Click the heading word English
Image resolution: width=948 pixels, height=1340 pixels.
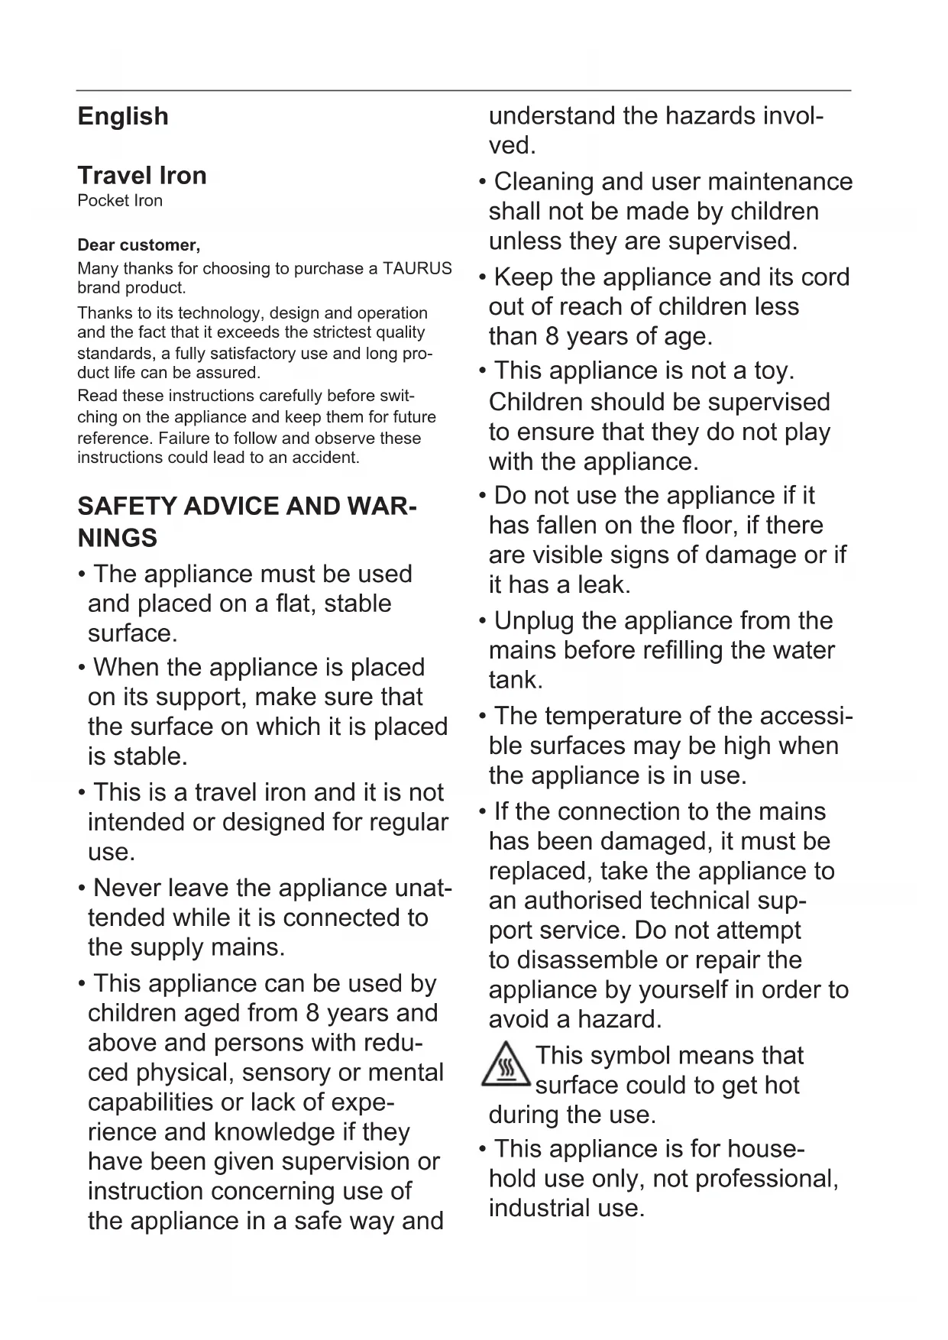(x=123, y=116)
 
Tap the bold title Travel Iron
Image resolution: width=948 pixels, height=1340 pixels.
(x=142, y=176)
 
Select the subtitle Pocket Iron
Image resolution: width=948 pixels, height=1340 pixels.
(x=120, y=201)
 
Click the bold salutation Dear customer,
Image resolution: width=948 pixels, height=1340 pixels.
(x=139, y=245)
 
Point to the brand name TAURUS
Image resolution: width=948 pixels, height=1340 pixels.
(x=417, y=269)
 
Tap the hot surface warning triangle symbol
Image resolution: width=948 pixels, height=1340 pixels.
(x=506, y=1064)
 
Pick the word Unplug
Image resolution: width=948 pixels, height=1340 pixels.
(x=533, y=620)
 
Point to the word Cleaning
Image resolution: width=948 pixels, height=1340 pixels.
(x=544, y=182)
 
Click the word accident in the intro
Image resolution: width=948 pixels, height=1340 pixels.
(x=329, y=458)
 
